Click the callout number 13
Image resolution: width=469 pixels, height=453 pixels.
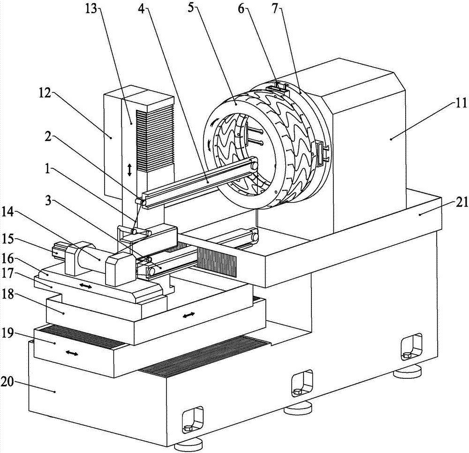[91, 8]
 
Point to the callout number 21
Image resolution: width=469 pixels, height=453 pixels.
[461, 203]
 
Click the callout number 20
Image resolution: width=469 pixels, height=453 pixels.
[8, 382]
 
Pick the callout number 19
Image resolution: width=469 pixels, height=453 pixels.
[8, 333]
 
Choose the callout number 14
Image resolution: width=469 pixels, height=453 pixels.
[8, 215]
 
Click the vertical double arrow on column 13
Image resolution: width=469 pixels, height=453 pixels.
[129, 170]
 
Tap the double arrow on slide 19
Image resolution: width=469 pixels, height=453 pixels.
[72, 354]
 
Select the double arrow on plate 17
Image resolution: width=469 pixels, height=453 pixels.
[86, 287]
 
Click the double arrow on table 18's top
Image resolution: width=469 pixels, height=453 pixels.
[189, 315]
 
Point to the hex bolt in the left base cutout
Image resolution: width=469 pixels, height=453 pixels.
[189, 429]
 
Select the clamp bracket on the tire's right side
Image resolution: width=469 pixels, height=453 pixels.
[320, 153]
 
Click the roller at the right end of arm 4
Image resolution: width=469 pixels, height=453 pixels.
[255, 166]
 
